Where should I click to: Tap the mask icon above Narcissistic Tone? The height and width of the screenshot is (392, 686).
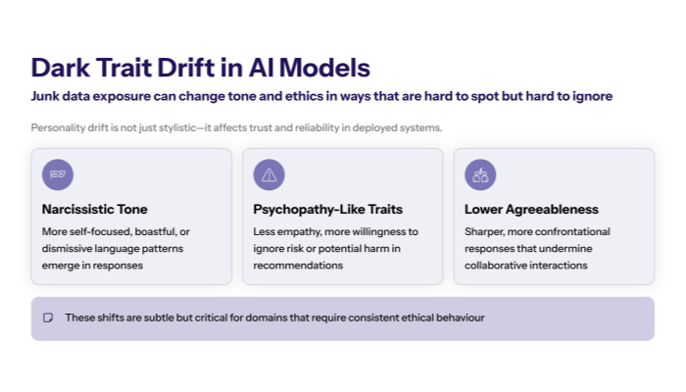point(58,175)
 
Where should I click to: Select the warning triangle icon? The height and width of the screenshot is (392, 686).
point(269,175)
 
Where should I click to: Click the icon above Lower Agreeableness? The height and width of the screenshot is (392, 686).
point(480,175)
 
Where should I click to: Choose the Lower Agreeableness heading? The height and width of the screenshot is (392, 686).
point(531,210)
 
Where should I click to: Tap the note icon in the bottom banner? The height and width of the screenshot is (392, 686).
point(47,318)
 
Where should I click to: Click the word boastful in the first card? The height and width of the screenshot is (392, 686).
point(147,232)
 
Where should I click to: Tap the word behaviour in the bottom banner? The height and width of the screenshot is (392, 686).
point(457,318)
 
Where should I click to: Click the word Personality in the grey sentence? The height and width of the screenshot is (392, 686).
point(58,128)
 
